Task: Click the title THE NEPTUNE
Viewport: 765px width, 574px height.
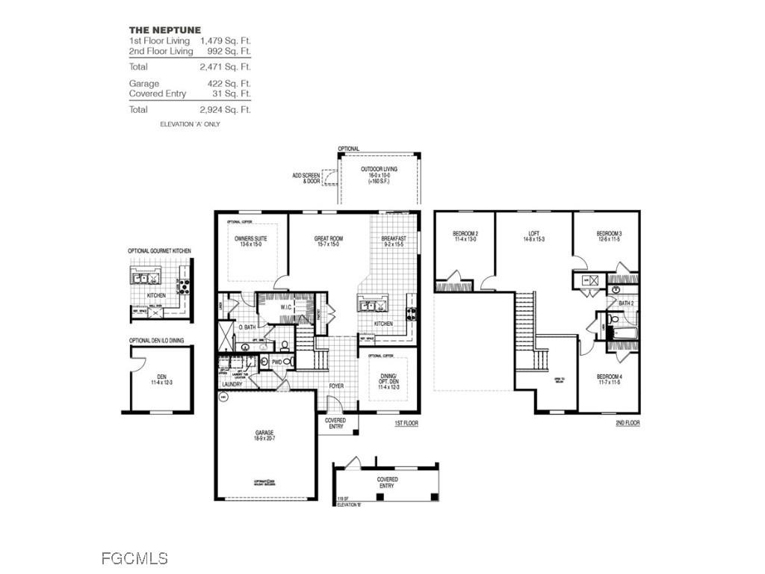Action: click(x=160, y=30)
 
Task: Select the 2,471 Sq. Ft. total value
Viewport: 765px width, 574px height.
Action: click(x=225, y=67)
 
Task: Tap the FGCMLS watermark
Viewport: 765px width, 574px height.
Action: click(x=134, y=558)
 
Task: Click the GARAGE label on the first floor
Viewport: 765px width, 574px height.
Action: click(x=264, y=433)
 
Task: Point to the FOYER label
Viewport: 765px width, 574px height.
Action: click(x=337, y=386)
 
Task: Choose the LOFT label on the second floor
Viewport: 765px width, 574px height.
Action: click(x=533, y=235)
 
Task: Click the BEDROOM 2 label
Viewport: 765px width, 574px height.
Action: click(x=465, y=235)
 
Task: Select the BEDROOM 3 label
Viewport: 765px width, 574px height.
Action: click(x=610, y=235)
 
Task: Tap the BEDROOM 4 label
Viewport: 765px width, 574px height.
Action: click(x=610, y=377)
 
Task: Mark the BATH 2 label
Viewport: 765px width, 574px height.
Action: click(x=625, y=303)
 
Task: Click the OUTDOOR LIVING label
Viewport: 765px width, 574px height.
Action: click(x=380, y=170)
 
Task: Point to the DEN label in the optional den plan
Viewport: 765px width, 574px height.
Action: click(x=161, y=377)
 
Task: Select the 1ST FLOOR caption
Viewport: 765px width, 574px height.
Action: click(x=406, y=423)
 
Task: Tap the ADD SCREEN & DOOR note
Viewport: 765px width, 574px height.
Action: click(x=306, y=179)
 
